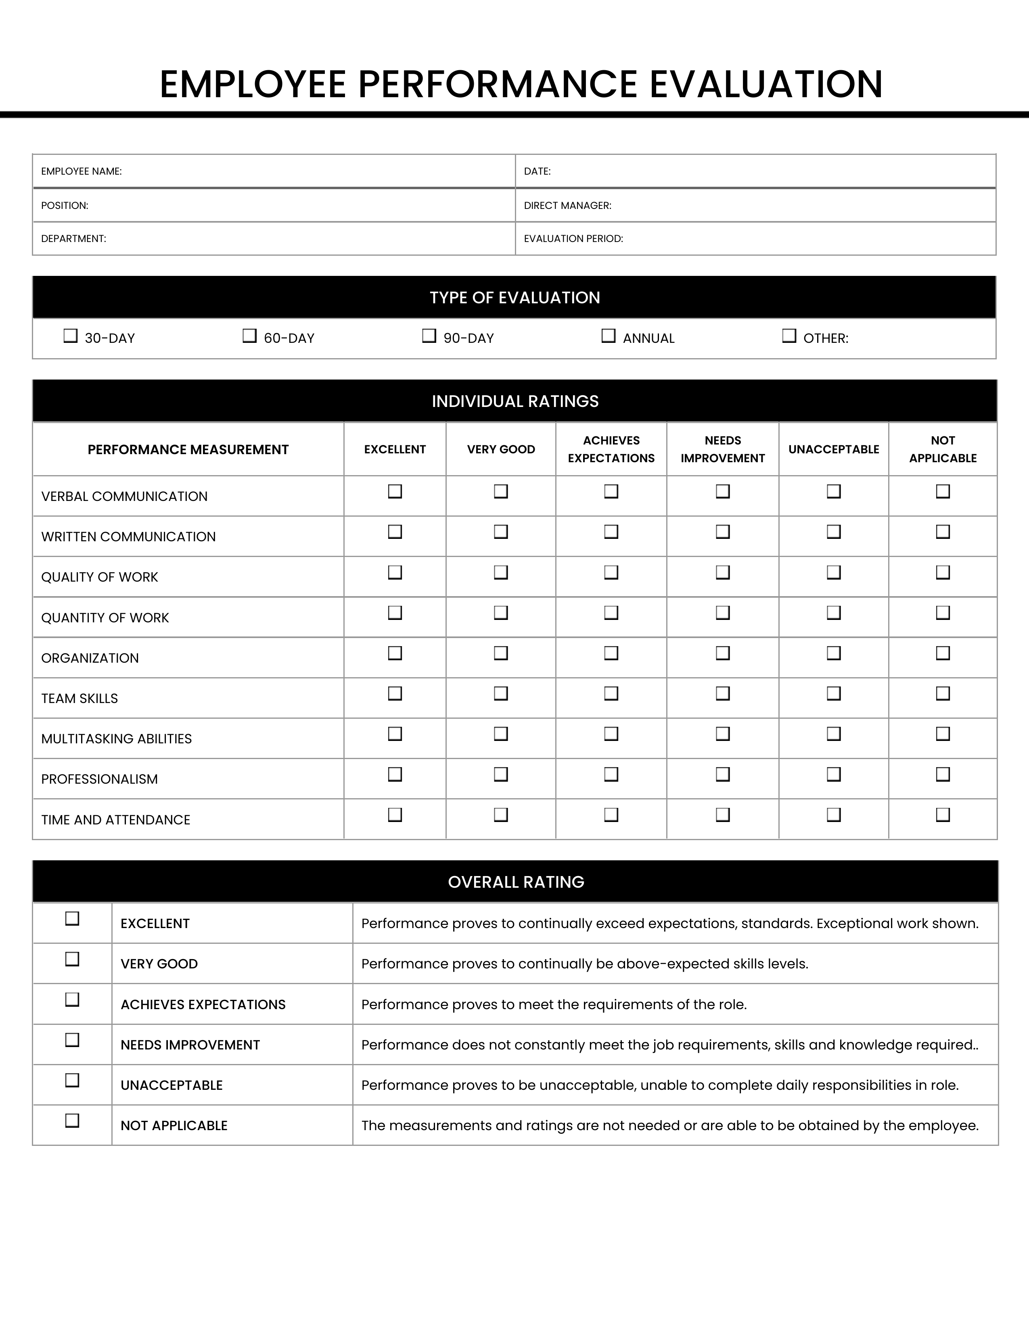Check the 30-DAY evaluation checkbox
pos(71,336)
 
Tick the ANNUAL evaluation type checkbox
pos(609,336)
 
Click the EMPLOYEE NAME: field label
pos(81,171)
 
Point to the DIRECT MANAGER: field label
pos(567,205)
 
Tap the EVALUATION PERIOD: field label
pos(573,238)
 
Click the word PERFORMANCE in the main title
pos(497,84)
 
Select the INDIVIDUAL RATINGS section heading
pos(515,401)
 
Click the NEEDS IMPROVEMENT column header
pos(722,449)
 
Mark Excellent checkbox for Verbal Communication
pos(395,491)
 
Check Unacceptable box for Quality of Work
pos(833,572)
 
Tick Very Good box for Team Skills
pos(500,694)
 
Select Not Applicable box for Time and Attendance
pos(942,815)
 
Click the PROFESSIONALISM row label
pos(99,779)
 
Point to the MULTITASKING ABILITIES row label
pos(117,739)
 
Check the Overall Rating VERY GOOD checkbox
pos(72,959)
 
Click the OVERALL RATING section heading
pos(516,882)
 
